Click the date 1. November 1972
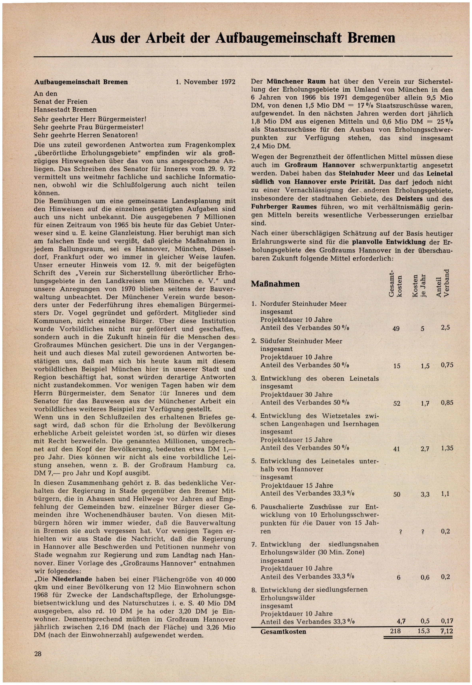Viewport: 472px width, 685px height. tap(205, 82)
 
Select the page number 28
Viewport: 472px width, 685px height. tap(38, 654)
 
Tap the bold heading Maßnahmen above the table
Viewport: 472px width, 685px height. tap(275, 284)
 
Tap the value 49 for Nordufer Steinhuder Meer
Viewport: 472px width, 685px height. tap(396, 328)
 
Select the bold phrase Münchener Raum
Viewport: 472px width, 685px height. tap(296, 81)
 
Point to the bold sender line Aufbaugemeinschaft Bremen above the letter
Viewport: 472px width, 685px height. tap(81, 82)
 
